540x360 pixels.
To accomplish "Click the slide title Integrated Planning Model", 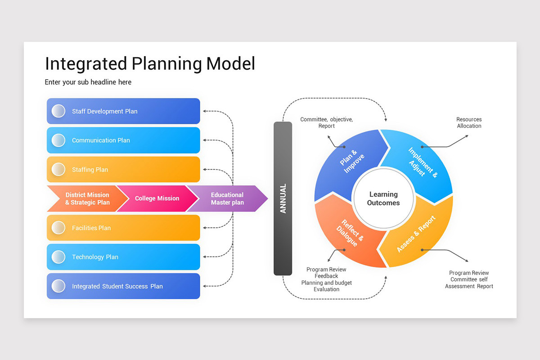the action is [x=150, y=63].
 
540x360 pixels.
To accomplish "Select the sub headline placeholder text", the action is [x=88, y=82].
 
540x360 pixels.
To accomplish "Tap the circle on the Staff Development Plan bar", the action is [x=58, y=111].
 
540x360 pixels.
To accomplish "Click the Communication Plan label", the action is [x=101, y=140].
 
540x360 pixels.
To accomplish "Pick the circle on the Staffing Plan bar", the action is [x=58, y=169].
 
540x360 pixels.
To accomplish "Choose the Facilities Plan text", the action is [x=91, y=228].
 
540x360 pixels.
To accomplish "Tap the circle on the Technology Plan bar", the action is [x=58, y=257].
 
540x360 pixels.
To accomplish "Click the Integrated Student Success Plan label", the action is [x=117, y=286].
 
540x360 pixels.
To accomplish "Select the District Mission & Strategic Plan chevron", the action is [x=87, y=198].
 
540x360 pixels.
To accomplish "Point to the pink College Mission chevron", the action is [x=157, y=198].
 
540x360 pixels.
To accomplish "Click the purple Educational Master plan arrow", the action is [x=227, y=198].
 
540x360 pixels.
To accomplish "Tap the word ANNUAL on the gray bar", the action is [x=283, y=198].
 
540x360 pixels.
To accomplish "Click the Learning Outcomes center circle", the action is [x=383, y=198].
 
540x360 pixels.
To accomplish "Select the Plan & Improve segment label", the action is [x=352, y=161].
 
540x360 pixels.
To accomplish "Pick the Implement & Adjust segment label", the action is [x=423, y=162].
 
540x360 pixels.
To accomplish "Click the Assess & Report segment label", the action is [x=416, y=234].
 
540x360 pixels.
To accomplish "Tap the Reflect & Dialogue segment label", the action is [x=350, y=233].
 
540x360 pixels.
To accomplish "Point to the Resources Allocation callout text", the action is [x=469, y=123].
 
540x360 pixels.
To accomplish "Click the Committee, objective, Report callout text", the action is [x=326, y=123].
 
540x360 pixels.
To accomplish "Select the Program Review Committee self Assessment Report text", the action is [x=469, y=279].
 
